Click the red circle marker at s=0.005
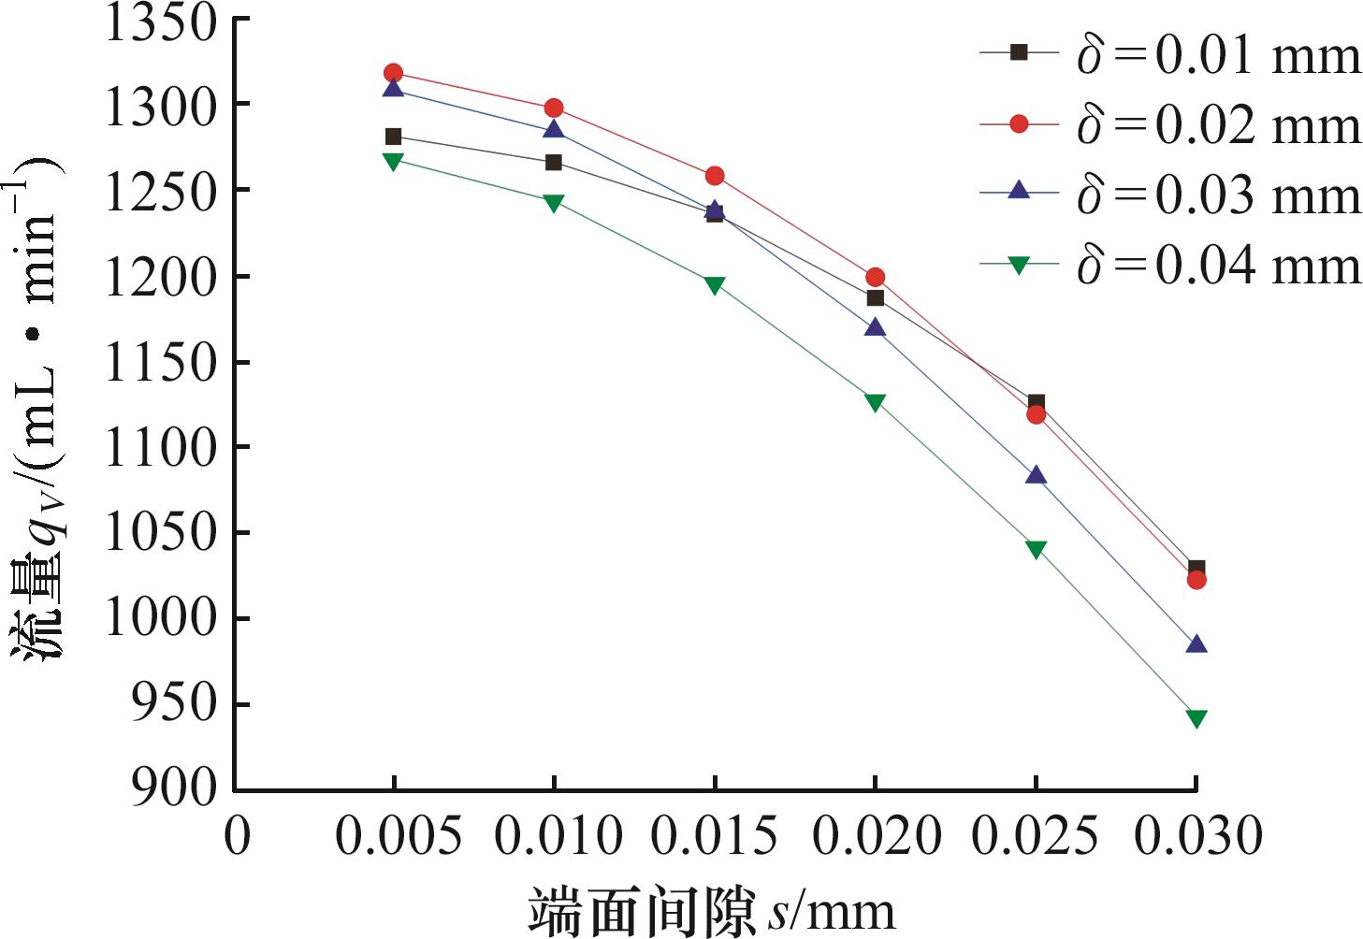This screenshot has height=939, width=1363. pos(394,73)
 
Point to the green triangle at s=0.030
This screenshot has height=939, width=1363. pos(1196,718)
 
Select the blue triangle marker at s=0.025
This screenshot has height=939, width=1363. pos(1036,475)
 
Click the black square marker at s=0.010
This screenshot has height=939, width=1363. pos(554,163)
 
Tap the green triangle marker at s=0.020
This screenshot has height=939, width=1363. pos(875,402)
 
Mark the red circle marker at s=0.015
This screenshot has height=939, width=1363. pos(715,176)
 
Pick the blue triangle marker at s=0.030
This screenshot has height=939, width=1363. pos(1196,644)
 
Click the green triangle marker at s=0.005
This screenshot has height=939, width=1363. pos(394,161)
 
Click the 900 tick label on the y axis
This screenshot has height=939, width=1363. pos(175,788)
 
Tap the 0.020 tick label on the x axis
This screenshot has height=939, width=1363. pos(876,835)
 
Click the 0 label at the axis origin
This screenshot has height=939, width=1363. pos(238,835)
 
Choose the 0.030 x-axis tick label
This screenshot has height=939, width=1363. pos(1197,835)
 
